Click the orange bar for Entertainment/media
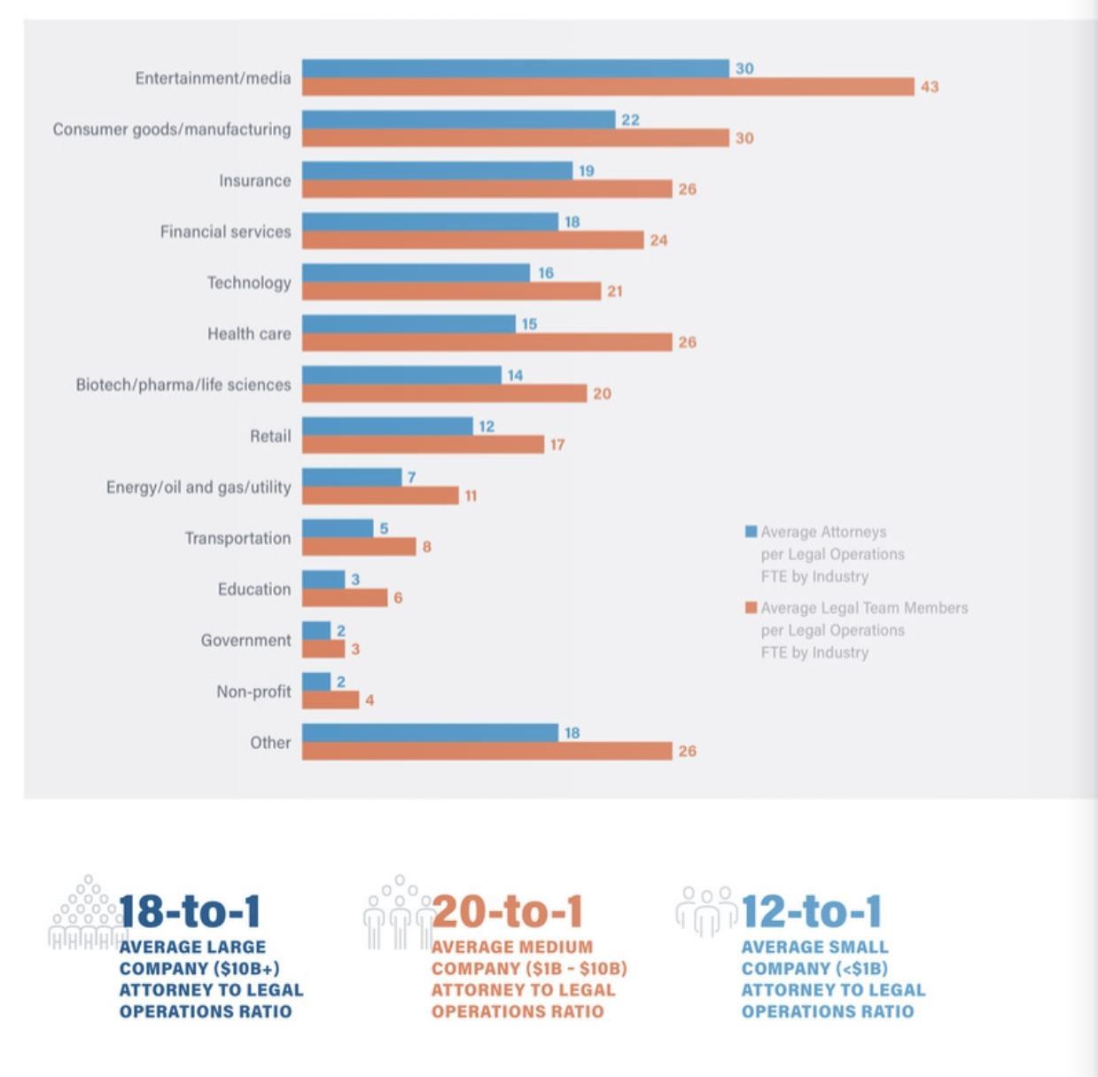click(608, 86)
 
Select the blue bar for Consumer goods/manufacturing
click(458, 119)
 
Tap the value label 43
click(929, 87)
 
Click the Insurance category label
click(254, 181)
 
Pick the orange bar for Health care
click(487, 342)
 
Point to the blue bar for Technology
click(416, 273)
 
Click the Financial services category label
click(225, 232)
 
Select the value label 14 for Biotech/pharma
click(515, 376)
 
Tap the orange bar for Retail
click(423, 444)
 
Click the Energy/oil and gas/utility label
click(199, 488)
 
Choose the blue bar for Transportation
click(338, 528)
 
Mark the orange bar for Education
click(345, 597)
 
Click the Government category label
click(245, 641)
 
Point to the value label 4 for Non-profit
click(370, 700)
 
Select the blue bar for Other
click(430, 733)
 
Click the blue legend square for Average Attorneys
click(751, 532)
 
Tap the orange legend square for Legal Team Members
click(751, 608)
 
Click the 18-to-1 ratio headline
click(190, 911)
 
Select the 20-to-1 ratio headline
click(508, 911)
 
